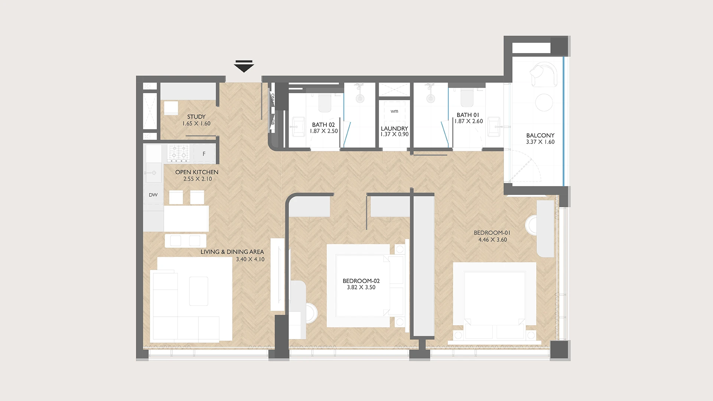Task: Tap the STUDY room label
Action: (196, 117)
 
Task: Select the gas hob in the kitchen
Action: (178, 153)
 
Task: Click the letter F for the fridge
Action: (204, 154)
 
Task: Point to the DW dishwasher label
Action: (153, 195)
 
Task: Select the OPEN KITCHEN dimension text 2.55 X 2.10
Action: (198, 179)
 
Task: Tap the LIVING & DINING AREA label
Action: (232, 252)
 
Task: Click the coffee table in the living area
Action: (199, 291)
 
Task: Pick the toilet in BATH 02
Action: (325, 102)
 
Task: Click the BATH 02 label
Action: (323, 125)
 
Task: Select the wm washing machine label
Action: (394, 111)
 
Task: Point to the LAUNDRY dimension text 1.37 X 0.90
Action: (394, 134)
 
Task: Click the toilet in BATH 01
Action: (467, 97)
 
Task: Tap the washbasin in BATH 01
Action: (494, 127)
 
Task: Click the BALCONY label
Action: (540, 136)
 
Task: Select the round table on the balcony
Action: (544, 102)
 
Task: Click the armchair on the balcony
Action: (544, 74)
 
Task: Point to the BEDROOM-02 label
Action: (361, 281)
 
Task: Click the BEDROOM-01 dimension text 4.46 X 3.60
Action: (492, 240)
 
